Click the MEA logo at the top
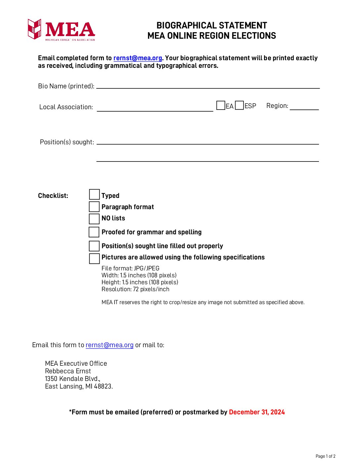(62, 30)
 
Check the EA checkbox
(221, 106)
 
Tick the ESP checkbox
(240, 106)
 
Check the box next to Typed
(94, 195)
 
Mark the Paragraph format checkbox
(94, 207)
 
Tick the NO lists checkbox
(94, 219)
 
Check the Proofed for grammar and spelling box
(94, 232)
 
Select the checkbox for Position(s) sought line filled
(94, 246)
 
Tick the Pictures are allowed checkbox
(94, 258)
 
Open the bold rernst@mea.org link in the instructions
(138, 58)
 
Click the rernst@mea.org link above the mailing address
(110, 345)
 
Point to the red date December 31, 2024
(257, 412)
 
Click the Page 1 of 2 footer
(326, 456)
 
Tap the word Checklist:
(53, 196)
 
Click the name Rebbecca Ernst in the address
(68, 371)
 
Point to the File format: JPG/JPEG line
(130, 268)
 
